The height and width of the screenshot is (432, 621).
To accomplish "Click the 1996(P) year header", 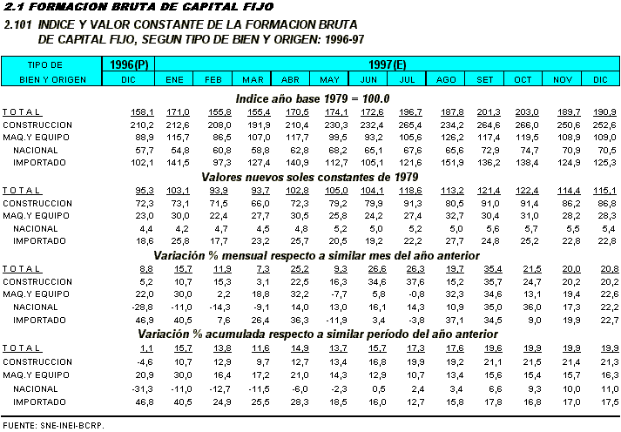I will [130, 64].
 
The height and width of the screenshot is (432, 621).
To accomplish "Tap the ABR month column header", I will [292, 79].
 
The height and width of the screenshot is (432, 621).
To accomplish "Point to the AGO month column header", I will [447, 79].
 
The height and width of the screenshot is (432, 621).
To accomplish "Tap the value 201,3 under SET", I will [489, 112].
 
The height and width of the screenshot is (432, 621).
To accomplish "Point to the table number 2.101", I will [19, 25].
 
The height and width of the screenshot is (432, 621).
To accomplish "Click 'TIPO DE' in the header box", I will [45, 64].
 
